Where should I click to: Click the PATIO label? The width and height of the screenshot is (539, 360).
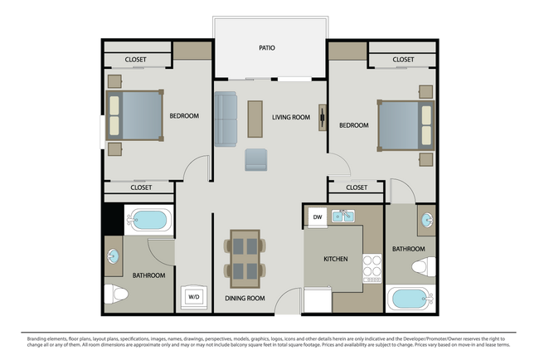[266, 48]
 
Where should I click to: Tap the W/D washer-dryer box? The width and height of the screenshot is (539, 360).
[193, 296]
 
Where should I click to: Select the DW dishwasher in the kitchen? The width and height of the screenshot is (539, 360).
[317, 217]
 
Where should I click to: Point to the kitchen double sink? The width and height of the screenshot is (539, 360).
[343, 217]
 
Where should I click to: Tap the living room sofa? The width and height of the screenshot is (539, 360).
[226, 119]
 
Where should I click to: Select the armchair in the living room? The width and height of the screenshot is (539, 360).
[255, 159]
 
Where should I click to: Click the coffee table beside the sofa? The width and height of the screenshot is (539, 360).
[253, 117]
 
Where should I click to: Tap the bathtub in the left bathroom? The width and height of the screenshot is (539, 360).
[149, 221]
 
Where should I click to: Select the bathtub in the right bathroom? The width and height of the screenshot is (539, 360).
[409, 298]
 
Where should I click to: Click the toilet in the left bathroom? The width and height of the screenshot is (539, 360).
[115, 294]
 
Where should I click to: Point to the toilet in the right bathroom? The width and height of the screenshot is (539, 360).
[424, 267]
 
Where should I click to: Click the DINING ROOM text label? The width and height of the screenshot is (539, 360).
[245, 298]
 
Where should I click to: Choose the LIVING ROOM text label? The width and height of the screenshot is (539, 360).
[291, 117]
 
